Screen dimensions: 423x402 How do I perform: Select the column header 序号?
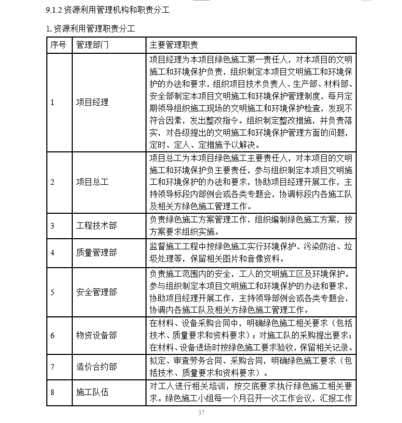58,45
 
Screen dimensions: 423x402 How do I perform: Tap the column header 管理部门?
92,45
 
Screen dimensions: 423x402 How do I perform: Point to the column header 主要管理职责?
174,45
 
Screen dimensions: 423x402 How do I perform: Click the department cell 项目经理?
92,102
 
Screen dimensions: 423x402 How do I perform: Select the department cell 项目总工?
92,182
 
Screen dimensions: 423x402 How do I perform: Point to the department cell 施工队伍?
92,392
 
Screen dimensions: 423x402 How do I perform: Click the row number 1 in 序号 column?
52,102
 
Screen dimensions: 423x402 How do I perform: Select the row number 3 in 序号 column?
52,226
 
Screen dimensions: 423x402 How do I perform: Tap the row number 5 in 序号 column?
52,292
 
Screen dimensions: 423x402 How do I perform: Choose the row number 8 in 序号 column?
52,392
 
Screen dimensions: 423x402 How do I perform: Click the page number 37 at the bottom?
201,412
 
